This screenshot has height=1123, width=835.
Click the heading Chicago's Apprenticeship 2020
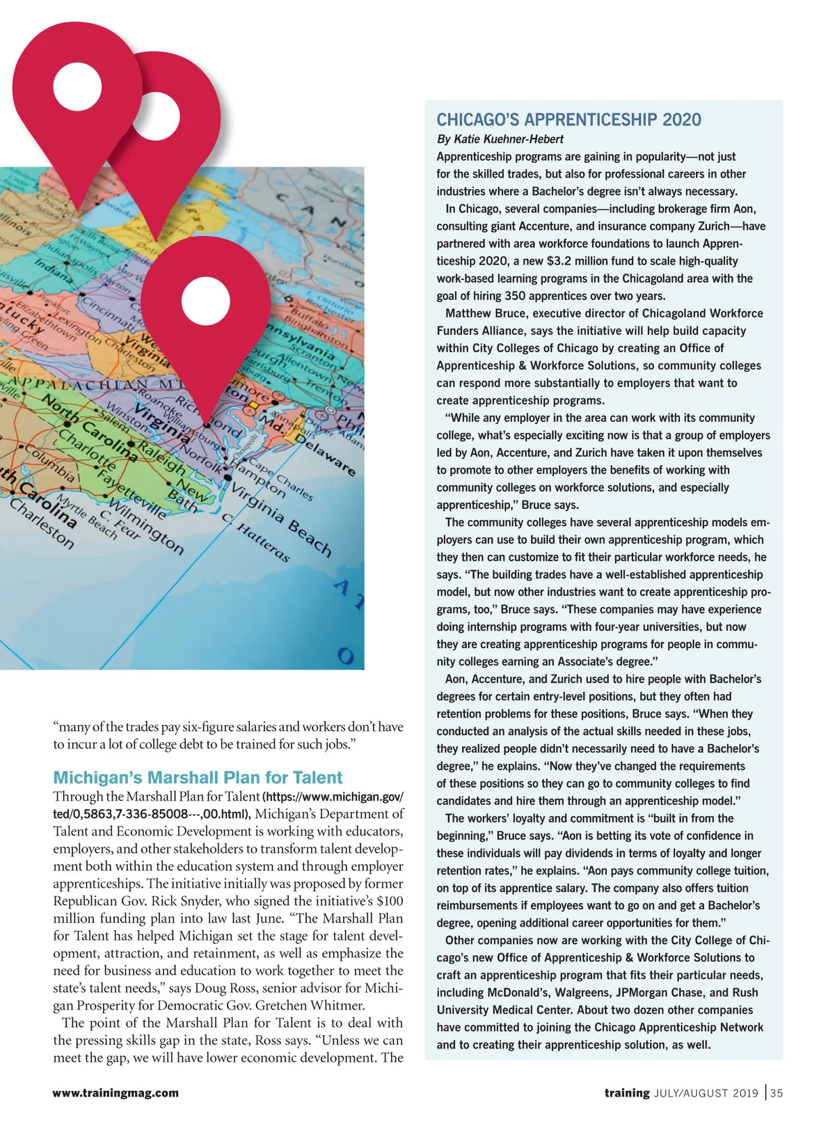(x=568, y=120)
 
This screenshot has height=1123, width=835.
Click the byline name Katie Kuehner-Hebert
(x=509, y=139)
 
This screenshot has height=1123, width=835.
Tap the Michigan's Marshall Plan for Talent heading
(x=198, y=778)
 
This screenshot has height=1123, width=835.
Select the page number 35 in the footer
(x=777, y=1092)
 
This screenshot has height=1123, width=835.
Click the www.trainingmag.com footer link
(x=116, y=1093)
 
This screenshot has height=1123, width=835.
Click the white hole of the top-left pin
(x=77, y=87)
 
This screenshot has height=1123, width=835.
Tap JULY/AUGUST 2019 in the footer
(x=706, y=1093)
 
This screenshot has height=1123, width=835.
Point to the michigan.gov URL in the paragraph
(x=229, y=805)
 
